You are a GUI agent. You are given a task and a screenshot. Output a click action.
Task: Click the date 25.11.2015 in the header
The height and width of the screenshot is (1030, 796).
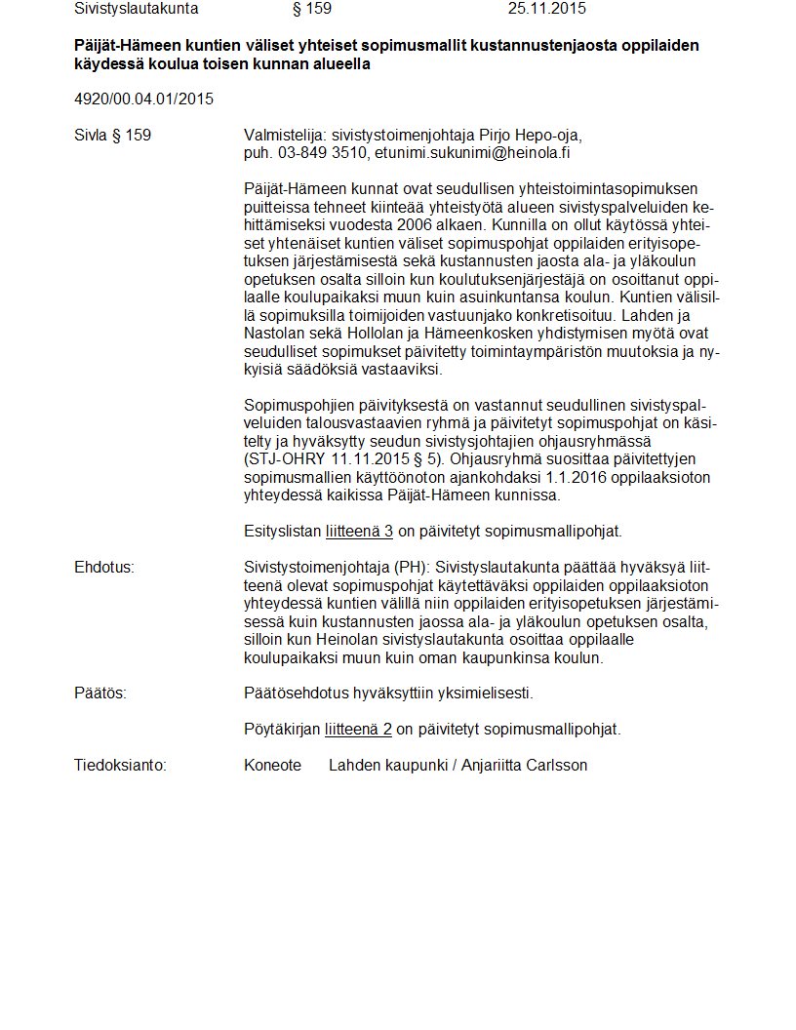(x=547, y=9)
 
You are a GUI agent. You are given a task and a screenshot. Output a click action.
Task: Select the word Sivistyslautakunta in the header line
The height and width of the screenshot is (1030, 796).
(x=136, y=9)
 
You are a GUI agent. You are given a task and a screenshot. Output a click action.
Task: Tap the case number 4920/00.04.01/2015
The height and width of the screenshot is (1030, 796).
(x=143, y=99)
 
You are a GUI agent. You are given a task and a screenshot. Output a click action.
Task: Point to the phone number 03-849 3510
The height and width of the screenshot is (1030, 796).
(x=324, y=152)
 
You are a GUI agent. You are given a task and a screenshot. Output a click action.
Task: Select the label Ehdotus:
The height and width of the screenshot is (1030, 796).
(x=104, y=567)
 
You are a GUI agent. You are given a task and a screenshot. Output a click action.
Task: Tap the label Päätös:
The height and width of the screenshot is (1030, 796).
(x=100, y=693)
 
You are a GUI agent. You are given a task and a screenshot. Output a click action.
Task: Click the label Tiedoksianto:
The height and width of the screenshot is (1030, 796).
(x=120, y=766)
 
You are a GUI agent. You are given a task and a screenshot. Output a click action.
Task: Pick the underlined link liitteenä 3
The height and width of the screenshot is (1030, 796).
(x=359, y=532)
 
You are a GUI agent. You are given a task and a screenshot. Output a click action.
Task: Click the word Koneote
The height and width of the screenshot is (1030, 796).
(x=272, y=766)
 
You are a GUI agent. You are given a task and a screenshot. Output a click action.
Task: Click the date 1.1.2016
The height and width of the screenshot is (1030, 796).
(x=557, y=477)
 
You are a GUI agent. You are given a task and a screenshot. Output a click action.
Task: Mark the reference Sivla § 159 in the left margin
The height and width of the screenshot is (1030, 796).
(x=112, y=135)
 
